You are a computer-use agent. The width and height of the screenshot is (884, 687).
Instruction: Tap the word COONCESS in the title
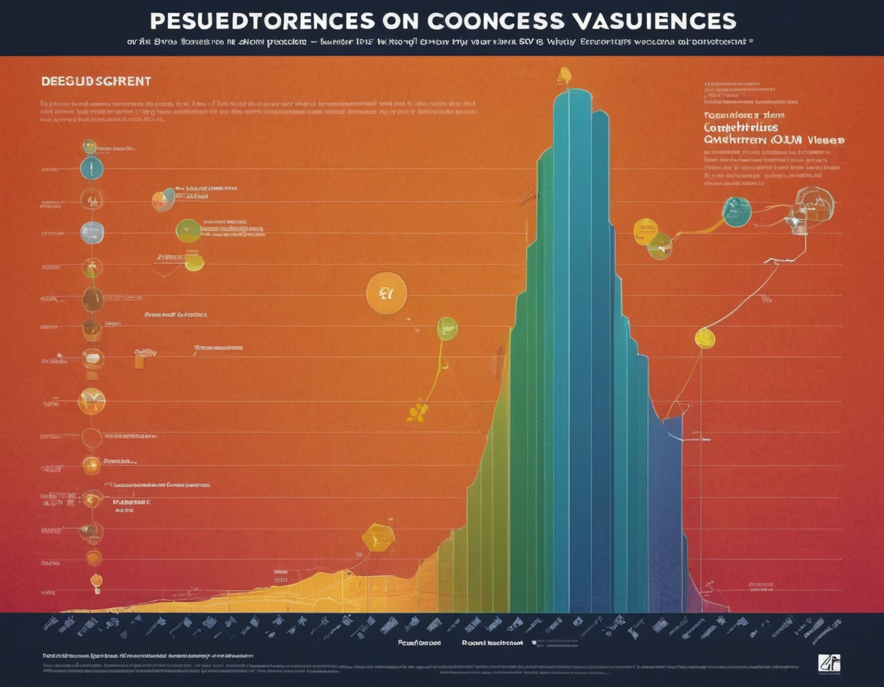(x=483, y=20)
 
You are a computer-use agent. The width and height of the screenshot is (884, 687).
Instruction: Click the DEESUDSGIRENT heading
(x=95, y=81)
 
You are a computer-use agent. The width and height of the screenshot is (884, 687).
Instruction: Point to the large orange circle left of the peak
(x=386, y=293)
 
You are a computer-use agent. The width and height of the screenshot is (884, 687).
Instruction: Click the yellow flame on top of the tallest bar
(x=565, y=74)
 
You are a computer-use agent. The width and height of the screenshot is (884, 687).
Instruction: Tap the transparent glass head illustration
(x=813, y=205)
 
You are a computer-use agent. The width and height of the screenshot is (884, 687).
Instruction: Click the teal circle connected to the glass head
(x=737, y=212)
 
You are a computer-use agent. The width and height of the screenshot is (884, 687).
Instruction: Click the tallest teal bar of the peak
(x=572, y=345)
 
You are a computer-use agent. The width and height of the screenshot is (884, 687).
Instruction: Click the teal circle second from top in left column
(x=91, y=168)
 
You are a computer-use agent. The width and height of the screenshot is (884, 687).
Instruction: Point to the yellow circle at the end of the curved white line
(x=704, y=338)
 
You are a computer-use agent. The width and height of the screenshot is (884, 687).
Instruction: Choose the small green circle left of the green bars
(x=447, y=329)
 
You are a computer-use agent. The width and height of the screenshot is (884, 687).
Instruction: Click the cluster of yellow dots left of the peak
(x=417, y=412)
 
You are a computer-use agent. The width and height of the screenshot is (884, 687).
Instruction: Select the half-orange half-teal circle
(x=163, y=200)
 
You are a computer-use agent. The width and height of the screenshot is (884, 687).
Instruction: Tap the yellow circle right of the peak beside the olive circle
(x=645, y=232)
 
